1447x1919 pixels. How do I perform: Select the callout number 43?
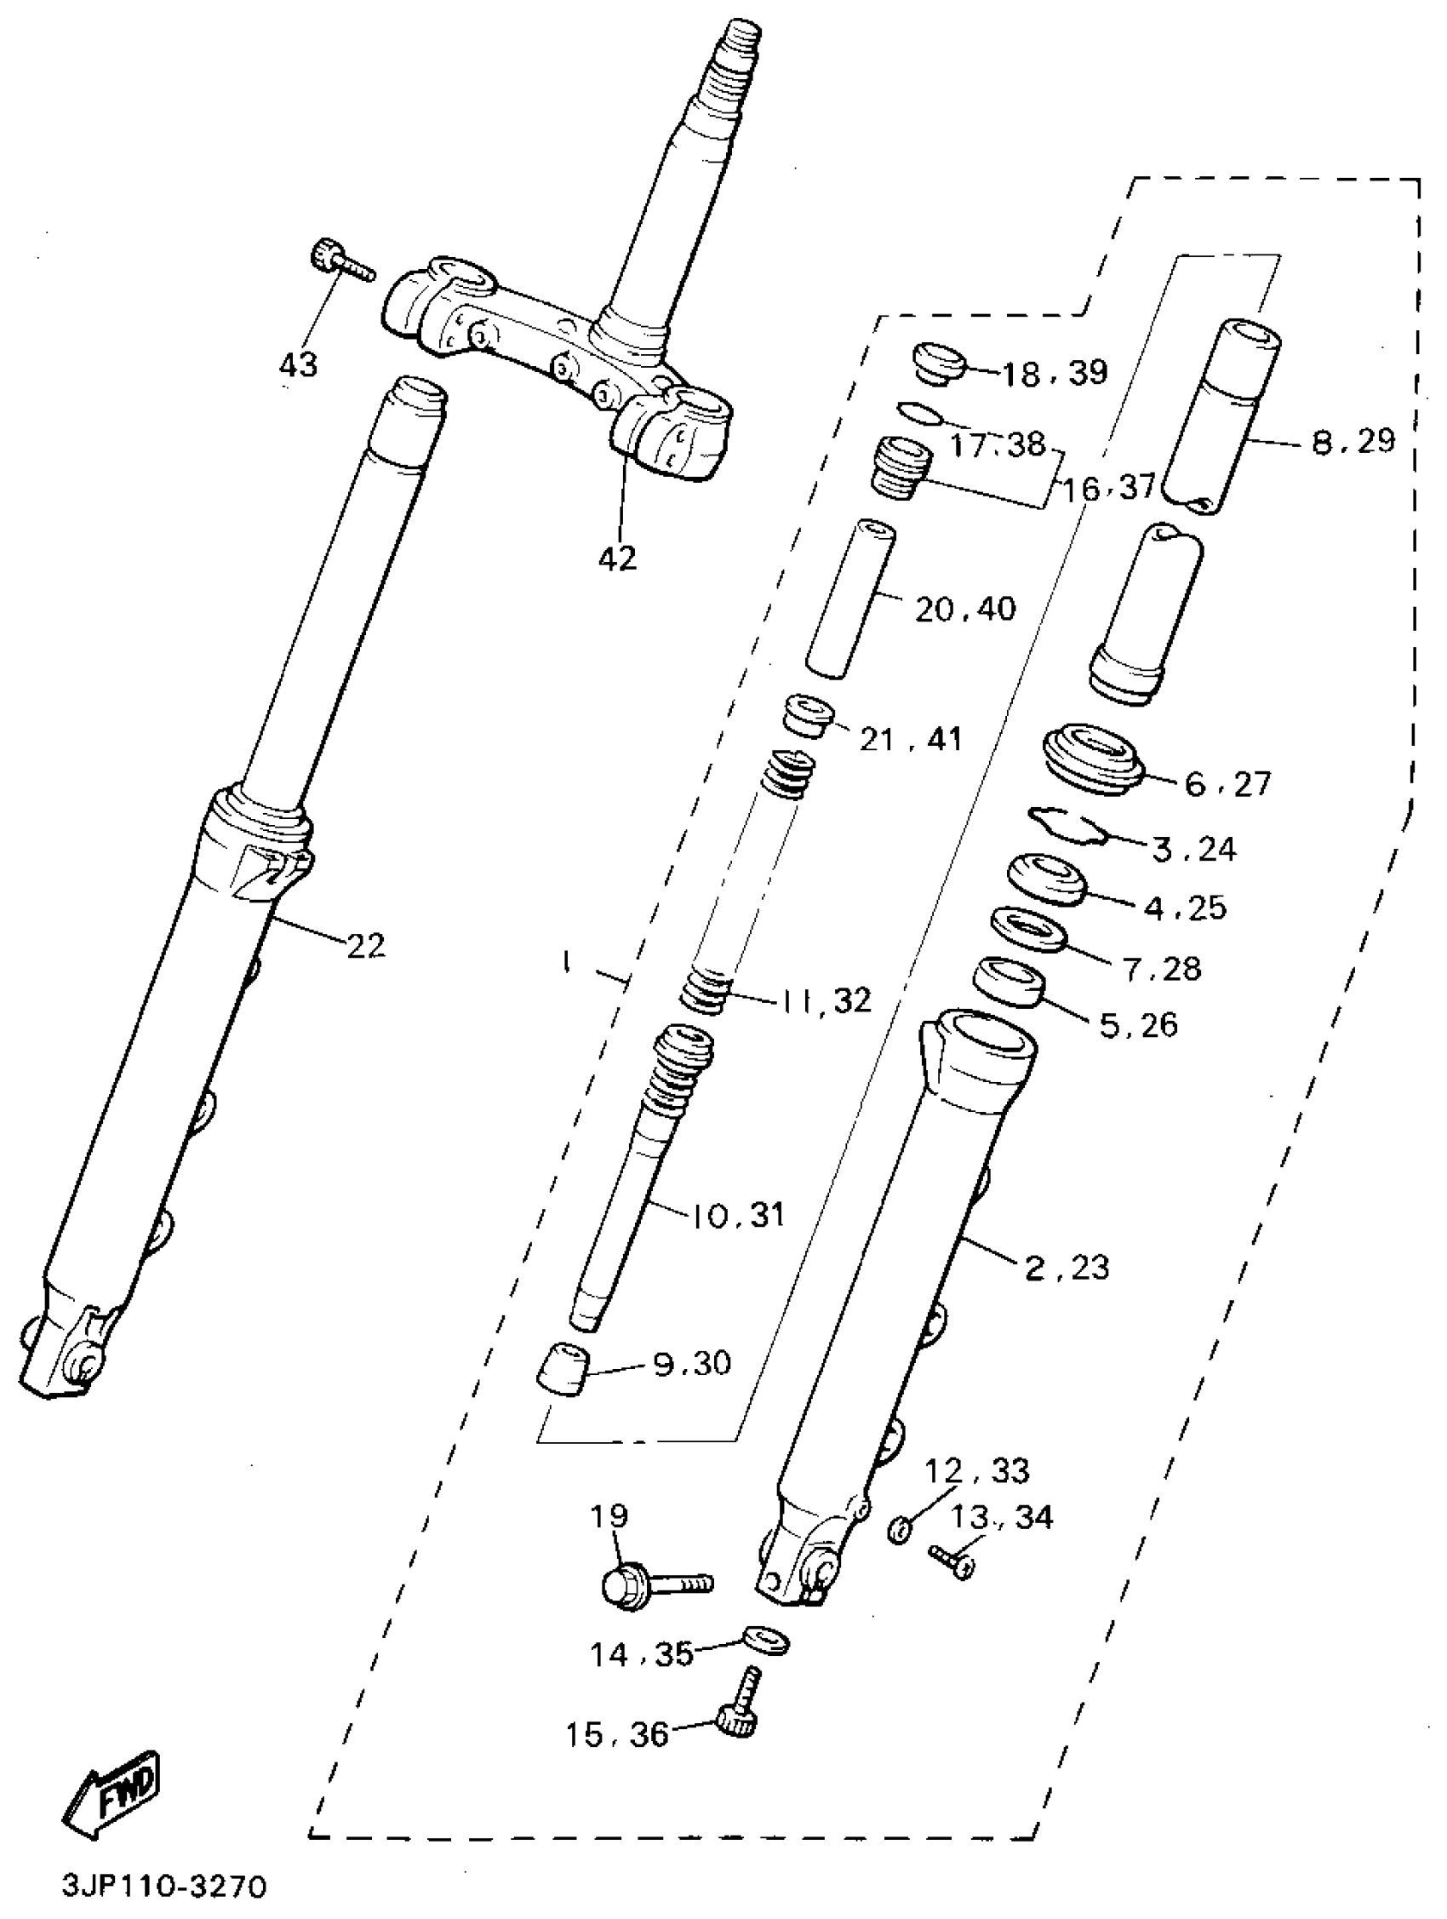click(x=299, y=366)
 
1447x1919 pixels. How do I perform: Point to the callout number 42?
click(x=617, y=559)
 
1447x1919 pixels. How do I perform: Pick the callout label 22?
click(x=365, y=946)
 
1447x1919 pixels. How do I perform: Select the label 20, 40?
click(x=964, y=609)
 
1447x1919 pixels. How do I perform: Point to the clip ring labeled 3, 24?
click(x=1067, y=824)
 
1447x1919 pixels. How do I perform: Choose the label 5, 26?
click(x=1138, y=1025)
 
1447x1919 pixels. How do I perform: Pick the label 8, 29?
click(x=1353, y=442)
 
